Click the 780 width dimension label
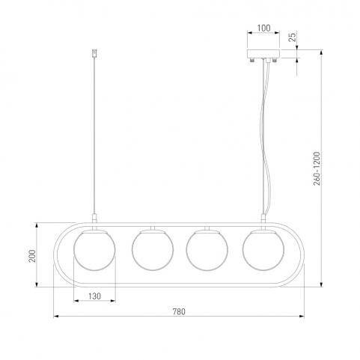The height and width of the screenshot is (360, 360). pyautogui.click(x=179, y=311)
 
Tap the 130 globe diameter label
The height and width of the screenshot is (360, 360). pyautogui.click(x=94, y=296)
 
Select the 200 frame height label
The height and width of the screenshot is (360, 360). pyautogui.click(x=32, y=256)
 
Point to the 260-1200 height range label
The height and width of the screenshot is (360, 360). pyautogui.click(x=317, y=168)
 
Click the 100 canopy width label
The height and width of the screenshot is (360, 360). pyautogui.click(x=263, y=28)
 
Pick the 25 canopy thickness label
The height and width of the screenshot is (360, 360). pyautogui.click(x=293, y=37)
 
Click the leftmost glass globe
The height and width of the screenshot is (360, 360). pyautogui.click(x=94, y=250)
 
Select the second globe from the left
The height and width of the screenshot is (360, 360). pyautogui.click(x=153, y=250)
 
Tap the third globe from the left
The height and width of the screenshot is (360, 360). pyautogui.click(x=207, y=250)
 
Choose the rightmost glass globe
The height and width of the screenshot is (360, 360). pyautogui.click(x=263, y=250)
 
